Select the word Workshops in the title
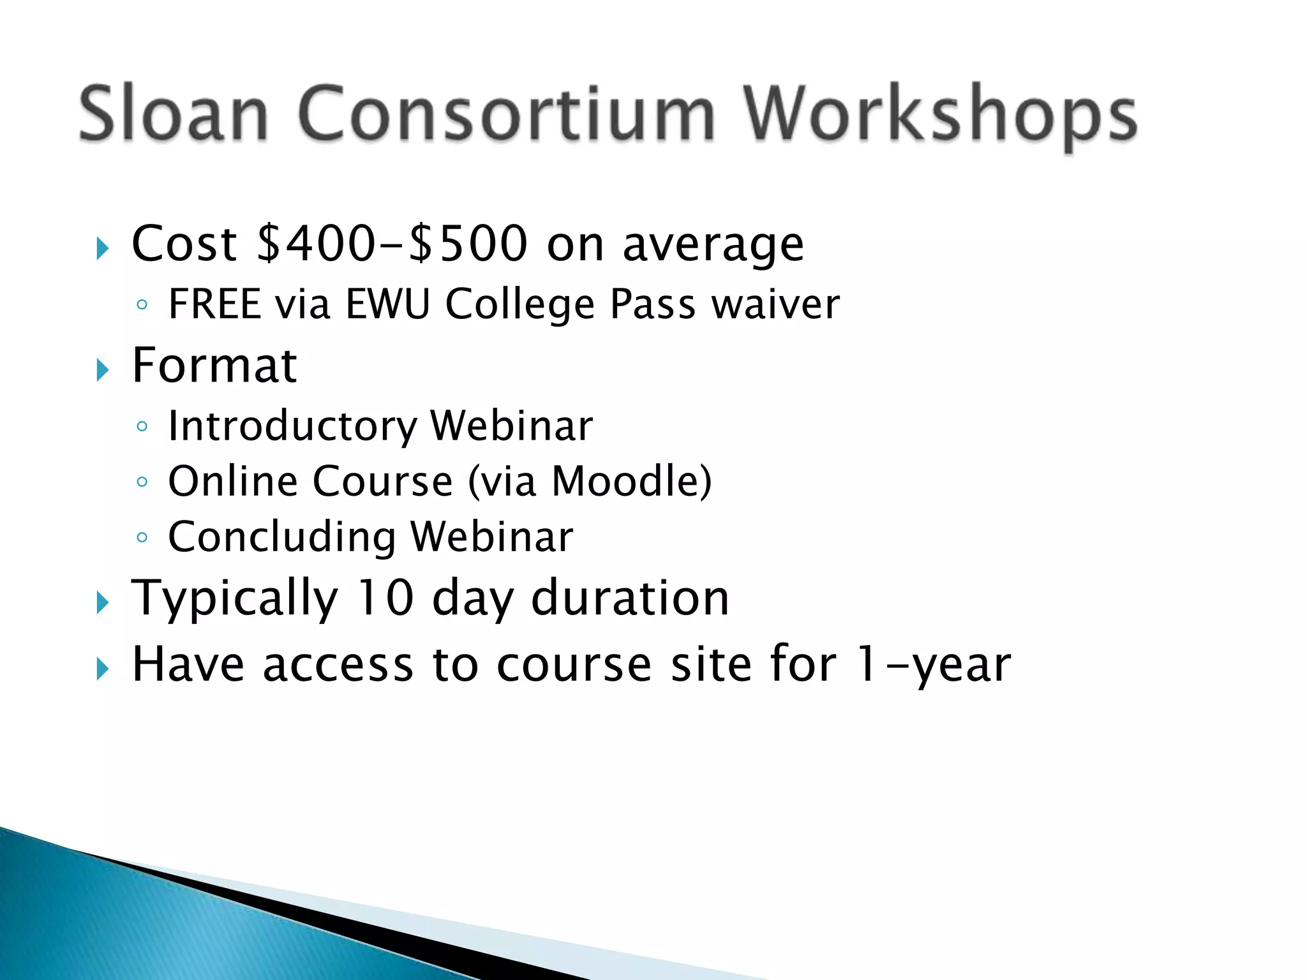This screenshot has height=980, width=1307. (940, 116)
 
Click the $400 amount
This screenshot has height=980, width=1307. (316, 244)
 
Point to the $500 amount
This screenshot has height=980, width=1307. (468, 244)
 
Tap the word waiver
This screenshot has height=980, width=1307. (775, 304)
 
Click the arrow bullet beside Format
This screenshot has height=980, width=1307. (102, 369)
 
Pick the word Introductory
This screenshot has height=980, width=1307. (292, 426)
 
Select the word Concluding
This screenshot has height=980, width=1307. (281, 537)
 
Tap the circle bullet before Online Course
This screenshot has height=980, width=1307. (142, 482)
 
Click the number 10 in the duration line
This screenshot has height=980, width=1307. (385, 598)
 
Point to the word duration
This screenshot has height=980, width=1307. (630, 598)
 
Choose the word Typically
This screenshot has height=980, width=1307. (234, 599)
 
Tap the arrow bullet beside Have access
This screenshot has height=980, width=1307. (102, 669)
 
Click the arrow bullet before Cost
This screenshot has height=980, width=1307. (102, 248)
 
